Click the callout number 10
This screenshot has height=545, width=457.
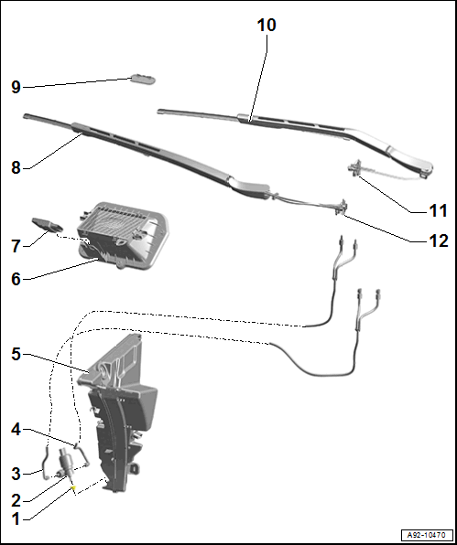[x=267, y=26]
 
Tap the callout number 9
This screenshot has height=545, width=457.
[x=16, y=87]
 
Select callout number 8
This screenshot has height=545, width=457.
[x=16, y=167]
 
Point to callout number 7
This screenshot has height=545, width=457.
[x=16, y=246]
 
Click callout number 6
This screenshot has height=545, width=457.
[x=16, y=279]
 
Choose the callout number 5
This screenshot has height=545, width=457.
[x=16, y=354]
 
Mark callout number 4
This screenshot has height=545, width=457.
[x=16, y=430]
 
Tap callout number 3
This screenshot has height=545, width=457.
[x=16, y=474]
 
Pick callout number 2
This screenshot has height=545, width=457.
[x=16, y=501]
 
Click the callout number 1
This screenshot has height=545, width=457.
[x=16, y=519]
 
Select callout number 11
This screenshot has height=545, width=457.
[x=438, y=210]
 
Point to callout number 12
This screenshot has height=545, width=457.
[x=438, y=240]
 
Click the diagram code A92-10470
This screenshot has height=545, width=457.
[x=427, y=535]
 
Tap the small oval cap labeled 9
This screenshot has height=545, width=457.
[x=143, y=80]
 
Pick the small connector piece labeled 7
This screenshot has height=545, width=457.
[x=48, y=224]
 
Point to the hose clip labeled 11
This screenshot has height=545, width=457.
[x=355, y=168]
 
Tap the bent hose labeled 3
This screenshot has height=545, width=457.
[x=44, y=464]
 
